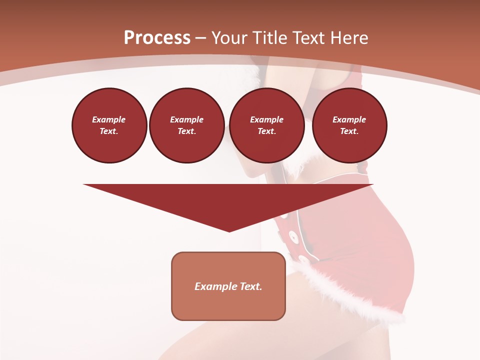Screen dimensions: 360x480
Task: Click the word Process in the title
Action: pos(157,38)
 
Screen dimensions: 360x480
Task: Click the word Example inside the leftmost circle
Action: pos(109,119)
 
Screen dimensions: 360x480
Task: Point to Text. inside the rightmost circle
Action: pos(349,131)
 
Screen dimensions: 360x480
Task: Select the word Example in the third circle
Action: pos(267,119)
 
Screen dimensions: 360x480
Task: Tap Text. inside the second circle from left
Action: pos(187,131)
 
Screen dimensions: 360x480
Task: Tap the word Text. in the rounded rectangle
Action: pos(249,286)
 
